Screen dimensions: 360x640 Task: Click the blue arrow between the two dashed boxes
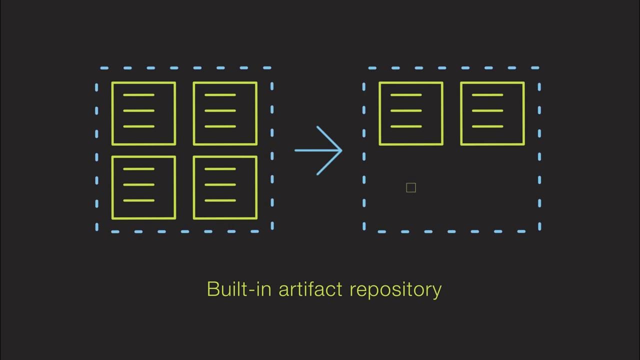click(x=318, y=150)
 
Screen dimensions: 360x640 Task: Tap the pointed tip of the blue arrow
click(x=341, y=150)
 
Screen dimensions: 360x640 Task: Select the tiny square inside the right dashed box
click(x=411, y=187)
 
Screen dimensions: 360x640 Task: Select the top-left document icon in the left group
click(x=143, y=113)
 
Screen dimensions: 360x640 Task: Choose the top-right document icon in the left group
click(x=225, y=113)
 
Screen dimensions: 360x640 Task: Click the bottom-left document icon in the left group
click(x=143, y=187)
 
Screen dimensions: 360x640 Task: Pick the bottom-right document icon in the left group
click(x=225, y=187)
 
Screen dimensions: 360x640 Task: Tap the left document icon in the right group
click(x=411, y=113)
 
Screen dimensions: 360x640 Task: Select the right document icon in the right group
click(x=492, y=113)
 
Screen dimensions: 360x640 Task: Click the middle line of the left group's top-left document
click(x=138, y=110)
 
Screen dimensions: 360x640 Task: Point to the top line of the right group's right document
click(x=487, y=94)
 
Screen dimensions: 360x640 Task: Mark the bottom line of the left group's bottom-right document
click(x=220, y=200)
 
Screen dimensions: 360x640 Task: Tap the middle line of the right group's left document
click(x=406, y=110)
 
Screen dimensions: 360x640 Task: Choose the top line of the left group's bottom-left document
click(x=138, y=169)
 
